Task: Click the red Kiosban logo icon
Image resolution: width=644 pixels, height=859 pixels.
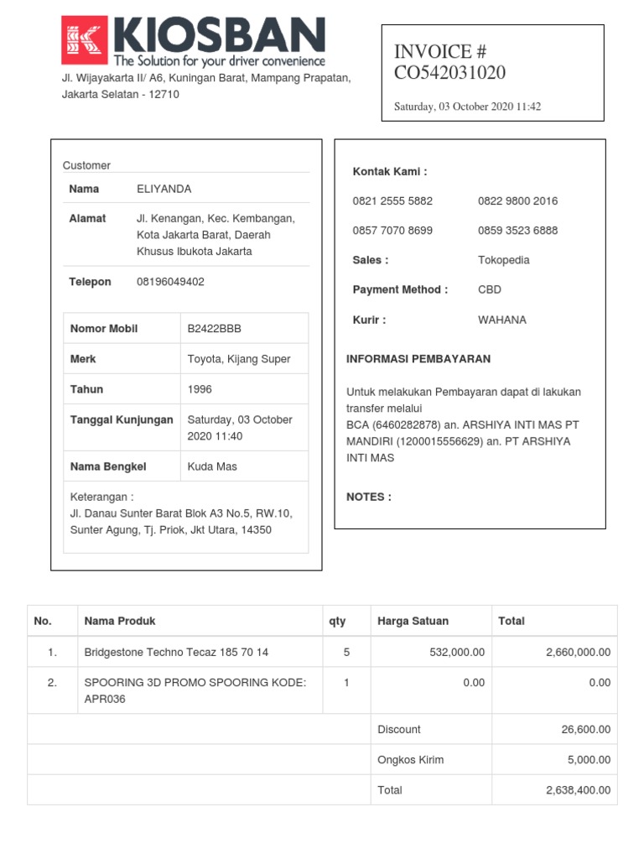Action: pyautogui.click(x=85, y=41)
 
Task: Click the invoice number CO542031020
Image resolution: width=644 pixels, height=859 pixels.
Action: pyautogui.click(x=449, y=73)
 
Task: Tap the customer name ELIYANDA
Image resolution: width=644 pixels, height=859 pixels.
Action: pyautogui.click(x=164, y=189)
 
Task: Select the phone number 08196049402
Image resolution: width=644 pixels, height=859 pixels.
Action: pyautogui.click(x=170, y=282)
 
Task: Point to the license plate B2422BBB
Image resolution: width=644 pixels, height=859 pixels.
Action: pyautogui.click(x=214, y=329)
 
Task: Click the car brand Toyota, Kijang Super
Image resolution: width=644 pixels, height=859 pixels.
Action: pyautogui.click(x=239, y=359)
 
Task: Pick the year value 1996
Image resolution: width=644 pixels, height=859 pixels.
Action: pyautogui.click(x=200, y=389)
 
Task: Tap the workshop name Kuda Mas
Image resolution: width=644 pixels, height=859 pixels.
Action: pyautogui.click(x=212, y=466)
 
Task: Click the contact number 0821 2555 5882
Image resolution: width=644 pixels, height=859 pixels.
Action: pyautogui.click(x=392, y=201)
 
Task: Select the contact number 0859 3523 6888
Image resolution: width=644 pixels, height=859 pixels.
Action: pyautogui.click(x=517, y=231)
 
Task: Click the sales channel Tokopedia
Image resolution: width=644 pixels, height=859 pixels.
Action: pyautogui.click(x=503, y=260)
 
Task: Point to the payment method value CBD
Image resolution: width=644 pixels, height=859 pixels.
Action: pyautogui.click(x=490, y=290)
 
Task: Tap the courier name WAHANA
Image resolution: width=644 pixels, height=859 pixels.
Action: pyautogui.click(x=502, y=320)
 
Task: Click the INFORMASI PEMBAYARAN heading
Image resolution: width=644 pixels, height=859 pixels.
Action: pyautogui.click(x=418, y=359)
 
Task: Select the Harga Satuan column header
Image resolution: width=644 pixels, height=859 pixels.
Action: pyautogui.click(x=413, y=622)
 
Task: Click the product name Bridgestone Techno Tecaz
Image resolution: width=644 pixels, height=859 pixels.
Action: pyautogui.click(x=176, y=652)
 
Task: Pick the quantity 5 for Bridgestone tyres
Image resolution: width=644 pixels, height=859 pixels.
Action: pyautogui.click(x=346, y=652)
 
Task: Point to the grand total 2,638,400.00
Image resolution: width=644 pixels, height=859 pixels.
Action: pyautogui.click(x=578, y=790)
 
